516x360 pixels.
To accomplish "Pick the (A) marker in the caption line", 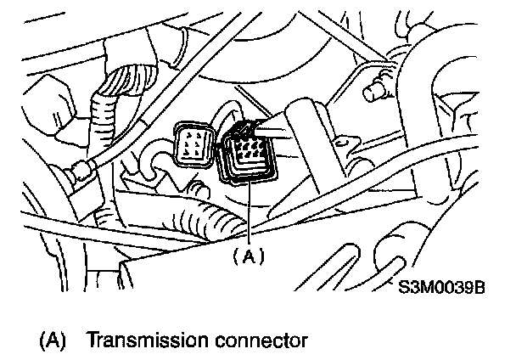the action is coord(53,341).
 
